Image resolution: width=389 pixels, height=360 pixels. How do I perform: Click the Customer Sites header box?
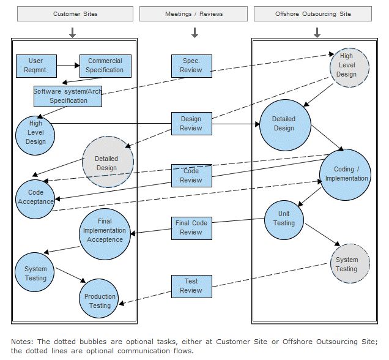(75, 13)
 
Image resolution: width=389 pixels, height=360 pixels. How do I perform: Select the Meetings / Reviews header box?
(193, 13)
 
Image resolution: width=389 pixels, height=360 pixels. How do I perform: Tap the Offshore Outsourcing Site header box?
(312, 13)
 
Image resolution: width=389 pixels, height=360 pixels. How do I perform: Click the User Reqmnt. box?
(36, 66)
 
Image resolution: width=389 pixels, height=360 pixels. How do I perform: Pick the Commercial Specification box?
(105, 66)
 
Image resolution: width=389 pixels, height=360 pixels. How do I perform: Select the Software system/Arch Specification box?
(68, 96)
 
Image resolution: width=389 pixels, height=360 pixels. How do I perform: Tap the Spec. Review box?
(191, 66)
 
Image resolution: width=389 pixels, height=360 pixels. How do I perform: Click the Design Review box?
(191, 124)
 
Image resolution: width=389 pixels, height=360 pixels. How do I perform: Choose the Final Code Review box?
(191, 228)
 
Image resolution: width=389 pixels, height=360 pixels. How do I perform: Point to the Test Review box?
(191, 286)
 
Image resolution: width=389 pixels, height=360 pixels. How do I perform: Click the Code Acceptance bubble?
(35, 197)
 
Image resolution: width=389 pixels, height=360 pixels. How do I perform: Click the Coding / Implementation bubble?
(346, 174)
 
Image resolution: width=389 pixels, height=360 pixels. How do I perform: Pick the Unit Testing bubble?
(284, 219)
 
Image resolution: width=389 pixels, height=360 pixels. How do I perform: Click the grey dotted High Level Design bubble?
(346, 66)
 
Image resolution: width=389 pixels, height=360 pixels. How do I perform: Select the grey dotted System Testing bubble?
(346, 264)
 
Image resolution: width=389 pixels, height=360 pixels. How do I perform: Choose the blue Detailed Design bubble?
(284, 124)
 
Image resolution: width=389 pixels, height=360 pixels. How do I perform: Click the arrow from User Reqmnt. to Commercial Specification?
(69, 64)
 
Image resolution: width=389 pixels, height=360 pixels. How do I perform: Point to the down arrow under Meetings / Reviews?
(194, 32)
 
